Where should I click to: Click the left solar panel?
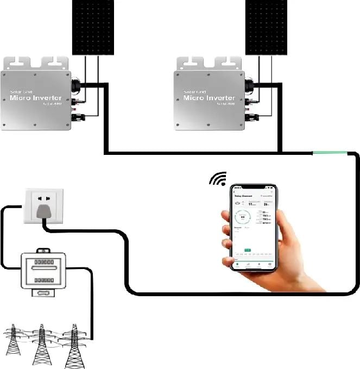pyautogui.click(x=93, y=27)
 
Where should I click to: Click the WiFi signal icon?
pyautogui.click(x=218, y=179)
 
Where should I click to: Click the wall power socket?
pyautogui.click(x=43, y=205)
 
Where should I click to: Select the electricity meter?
pyautogui.click(x=43, y=272)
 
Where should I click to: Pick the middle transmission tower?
pyautogui.click(x=41, y=345)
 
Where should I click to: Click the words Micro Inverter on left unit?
pyautogui.click(x=36, y=98)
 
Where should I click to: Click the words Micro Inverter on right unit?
pyautogui.click(x=210, y=98)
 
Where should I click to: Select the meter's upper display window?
pyautogui.click(x=43, y=268)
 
